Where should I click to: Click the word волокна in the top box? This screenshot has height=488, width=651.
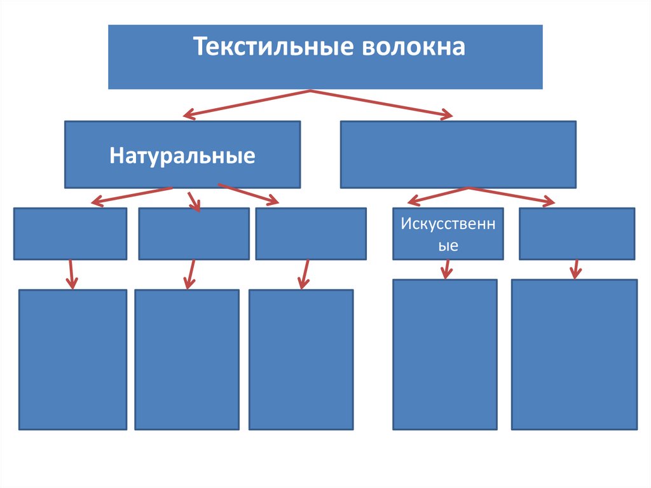pos(413,48)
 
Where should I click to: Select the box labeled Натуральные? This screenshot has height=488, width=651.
pos(182,155)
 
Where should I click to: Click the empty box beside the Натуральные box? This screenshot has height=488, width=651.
pos(458,155)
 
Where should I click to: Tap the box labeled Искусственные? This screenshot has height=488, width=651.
pos(448,234)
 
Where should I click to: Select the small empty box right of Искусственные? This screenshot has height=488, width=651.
pos(577,234)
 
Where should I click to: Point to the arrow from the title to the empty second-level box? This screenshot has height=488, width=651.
pos(381,104)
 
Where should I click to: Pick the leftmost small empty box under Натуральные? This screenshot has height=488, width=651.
pos(70,234)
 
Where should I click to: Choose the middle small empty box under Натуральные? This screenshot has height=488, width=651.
pos(193,234)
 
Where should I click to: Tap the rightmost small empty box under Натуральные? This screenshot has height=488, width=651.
pos(311,234)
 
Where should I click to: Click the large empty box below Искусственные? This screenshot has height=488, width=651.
pos(444,354)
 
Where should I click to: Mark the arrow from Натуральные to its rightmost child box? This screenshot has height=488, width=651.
pos(249,195)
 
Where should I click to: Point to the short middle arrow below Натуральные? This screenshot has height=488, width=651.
pos(193,200)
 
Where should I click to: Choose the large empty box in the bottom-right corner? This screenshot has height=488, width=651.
pos(574,354)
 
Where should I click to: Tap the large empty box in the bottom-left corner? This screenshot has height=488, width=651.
pos(72,359)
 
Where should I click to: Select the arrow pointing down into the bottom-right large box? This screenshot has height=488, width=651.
pos(576,268)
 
